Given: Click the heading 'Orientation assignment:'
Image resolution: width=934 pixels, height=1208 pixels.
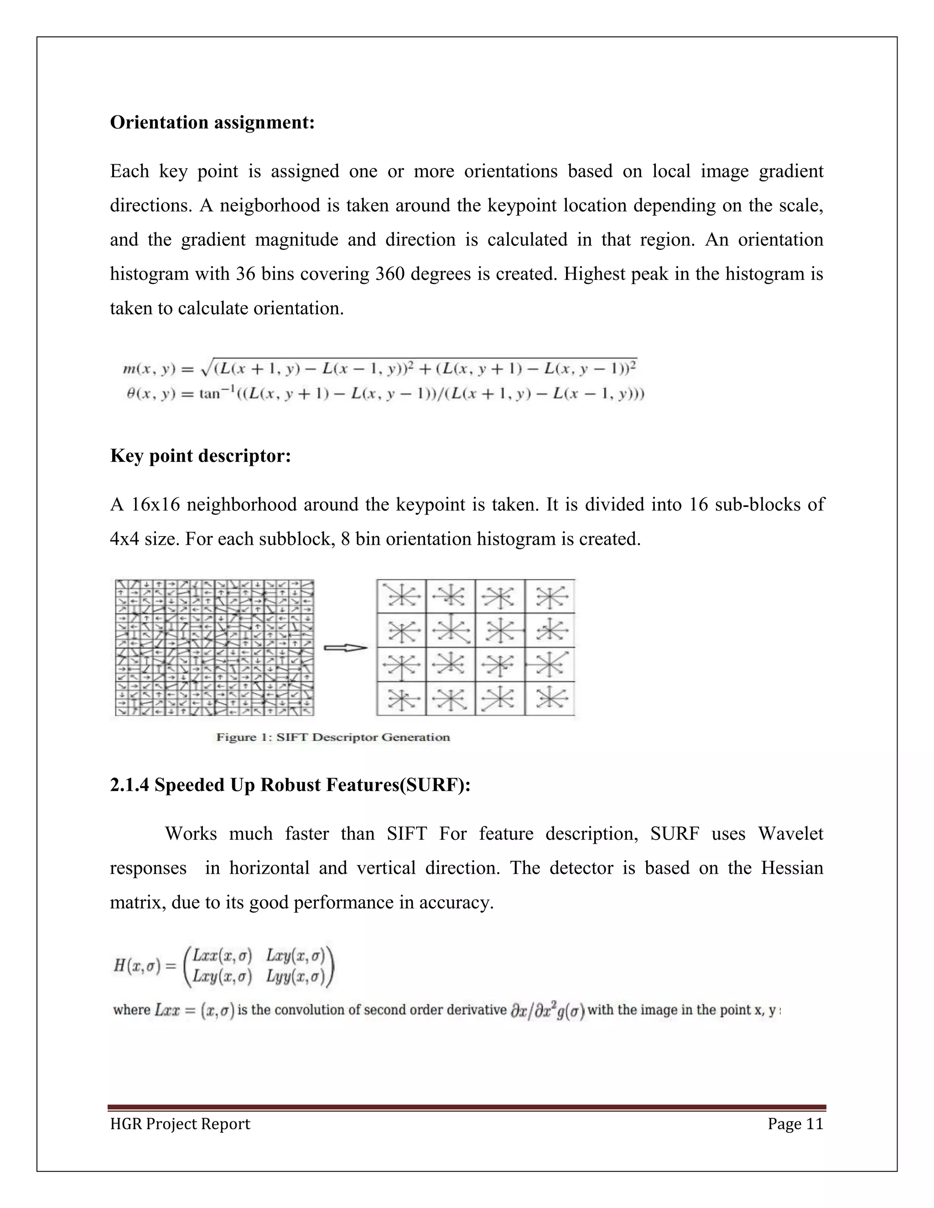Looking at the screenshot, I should click(212, 122).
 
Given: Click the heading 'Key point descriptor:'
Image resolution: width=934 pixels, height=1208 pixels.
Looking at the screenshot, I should click(200, 456).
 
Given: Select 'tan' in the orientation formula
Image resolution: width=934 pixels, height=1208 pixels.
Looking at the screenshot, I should click(210, 395).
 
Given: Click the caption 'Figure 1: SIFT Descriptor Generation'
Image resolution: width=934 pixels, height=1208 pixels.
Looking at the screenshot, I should click(332, 737).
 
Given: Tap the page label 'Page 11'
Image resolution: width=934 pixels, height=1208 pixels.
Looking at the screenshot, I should click(795, 1124).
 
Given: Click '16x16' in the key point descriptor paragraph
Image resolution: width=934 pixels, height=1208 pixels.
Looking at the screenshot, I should click(156, 505).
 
